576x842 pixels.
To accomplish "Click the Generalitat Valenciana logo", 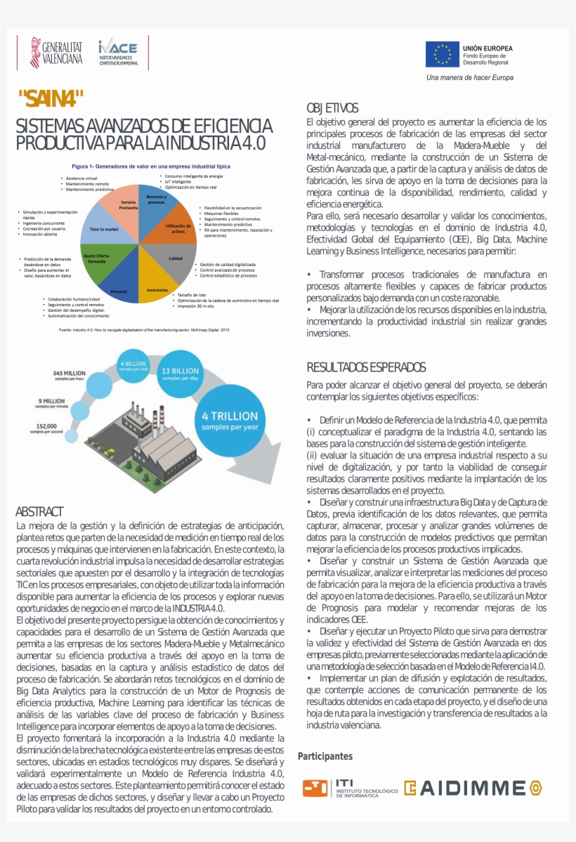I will pyautogui.click(x=56, y=53).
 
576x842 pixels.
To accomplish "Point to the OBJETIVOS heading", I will pyautogui.click(x=332, y=108).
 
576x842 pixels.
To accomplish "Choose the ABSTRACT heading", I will pyautogui.click(x=39, y=511).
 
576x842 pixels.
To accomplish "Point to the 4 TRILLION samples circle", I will pyautogui.click(x=230, y=421).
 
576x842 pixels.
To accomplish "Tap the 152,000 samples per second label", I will pyautogui.click(x=46, y=428).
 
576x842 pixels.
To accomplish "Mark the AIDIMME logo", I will pyautogui.click(x=472, y=788).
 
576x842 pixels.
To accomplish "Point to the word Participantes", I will pyautogui.click(x=325, y=756).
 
